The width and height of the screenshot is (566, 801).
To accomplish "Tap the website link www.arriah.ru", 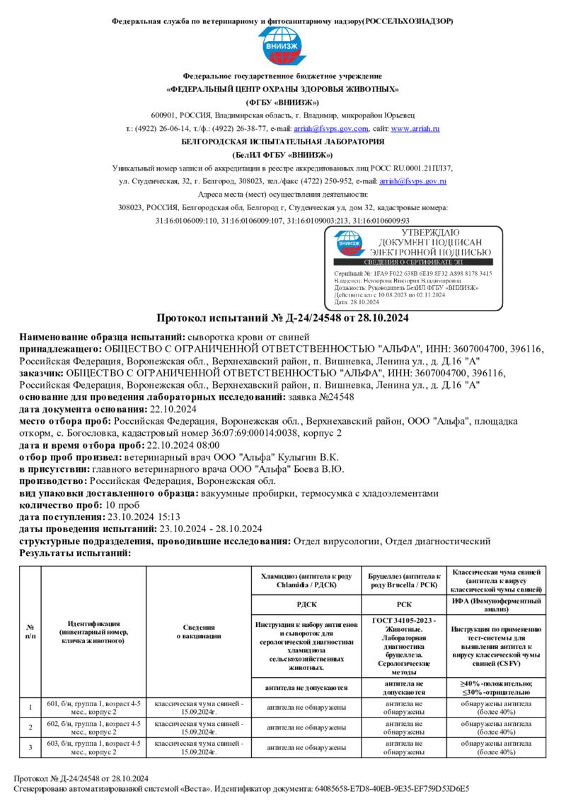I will tap(415, 129).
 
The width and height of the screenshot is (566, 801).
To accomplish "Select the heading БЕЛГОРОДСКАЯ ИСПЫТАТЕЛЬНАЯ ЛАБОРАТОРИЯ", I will tap(282, 142).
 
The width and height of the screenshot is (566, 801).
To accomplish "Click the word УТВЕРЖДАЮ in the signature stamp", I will tap(429, 233).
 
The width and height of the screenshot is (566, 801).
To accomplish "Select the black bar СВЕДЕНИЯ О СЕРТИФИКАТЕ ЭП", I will tap(417, 263).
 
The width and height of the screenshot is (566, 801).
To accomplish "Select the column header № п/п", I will tap(30, 630).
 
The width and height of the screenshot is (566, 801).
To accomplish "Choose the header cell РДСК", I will tap(306, 604).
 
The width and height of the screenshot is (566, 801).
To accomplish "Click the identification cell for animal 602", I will tap(93, 728).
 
